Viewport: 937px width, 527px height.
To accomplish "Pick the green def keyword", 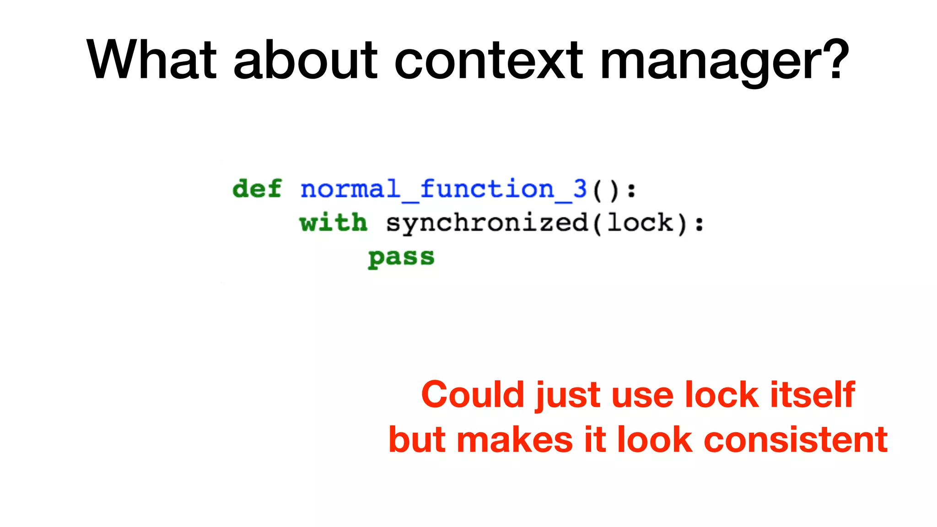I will pyautogui.click(x=257, y=189).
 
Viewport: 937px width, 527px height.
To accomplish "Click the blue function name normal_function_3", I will pyautogui.click(x=443, y=189).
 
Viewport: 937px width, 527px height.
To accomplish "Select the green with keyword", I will pyautogui.click(x=333, y=223).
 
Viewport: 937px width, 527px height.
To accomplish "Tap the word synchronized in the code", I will pyautogui.click(x=487, y=224).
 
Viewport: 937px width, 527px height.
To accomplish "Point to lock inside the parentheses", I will pyautogui.click(x=640, y=223).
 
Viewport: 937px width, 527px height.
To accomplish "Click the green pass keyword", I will pyautogui.click(x=401, y=258).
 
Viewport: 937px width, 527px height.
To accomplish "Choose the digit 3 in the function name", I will pyautogui.click(x=580, y=189).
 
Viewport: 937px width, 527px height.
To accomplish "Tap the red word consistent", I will pyautogui.click(x=796, y=440).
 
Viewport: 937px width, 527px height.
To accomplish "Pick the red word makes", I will pyautogui.click(x=515, y=440).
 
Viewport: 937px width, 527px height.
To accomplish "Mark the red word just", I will pyautogui.click(x=567, y=395).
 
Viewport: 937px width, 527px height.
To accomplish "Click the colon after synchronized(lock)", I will pyautogui.click(x=699, y=224).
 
